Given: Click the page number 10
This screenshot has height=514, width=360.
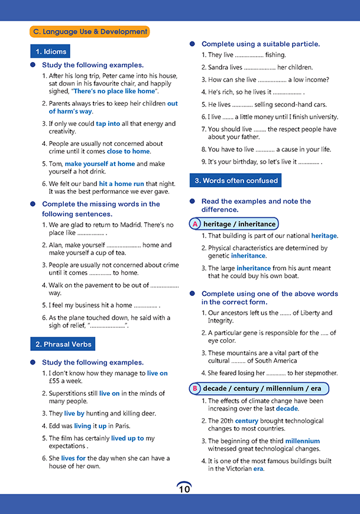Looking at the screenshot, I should (x=184, y=489).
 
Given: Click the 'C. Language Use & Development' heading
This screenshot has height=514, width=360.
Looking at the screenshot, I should (x=90, y=32).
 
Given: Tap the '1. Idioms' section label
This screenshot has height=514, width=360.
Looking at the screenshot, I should (x=51, y=51).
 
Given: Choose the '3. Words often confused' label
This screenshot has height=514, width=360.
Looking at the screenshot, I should (x=235, y=180).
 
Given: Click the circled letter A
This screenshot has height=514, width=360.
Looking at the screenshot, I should (x=195, y=224).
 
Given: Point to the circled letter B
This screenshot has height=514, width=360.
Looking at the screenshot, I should (x=195, y=389).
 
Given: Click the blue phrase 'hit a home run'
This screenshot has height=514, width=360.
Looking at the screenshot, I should (x=121, y=184).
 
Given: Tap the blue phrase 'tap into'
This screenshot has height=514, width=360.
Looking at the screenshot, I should (x=108, y=123).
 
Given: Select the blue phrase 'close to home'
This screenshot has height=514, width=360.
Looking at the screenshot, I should (x=128, y=151).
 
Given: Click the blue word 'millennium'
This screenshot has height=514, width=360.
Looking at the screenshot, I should (x=302, y=441).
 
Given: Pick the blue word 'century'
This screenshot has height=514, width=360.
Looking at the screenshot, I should (x=247, y=421).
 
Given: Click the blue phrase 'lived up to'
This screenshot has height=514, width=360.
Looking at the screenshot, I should (x=128, y=438).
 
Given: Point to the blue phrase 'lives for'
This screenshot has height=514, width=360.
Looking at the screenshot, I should (x=73, y=458).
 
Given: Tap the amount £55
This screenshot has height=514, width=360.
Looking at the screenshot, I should (x=56, y=381).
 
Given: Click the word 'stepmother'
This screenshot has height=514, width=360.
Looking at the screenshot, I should (x=317, y=373).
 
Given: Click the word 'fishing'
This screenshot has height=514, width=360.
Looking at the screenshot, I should (x=275, y=55).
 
